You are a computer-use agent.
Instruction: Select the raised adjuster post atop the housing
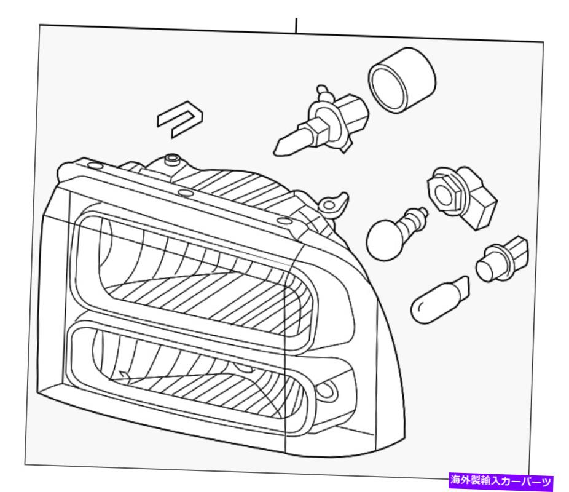pyautogui.click(x=173, y=161)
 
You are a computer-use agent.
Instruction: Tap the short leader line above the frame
pyautogui.click(x=296, y=25)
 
